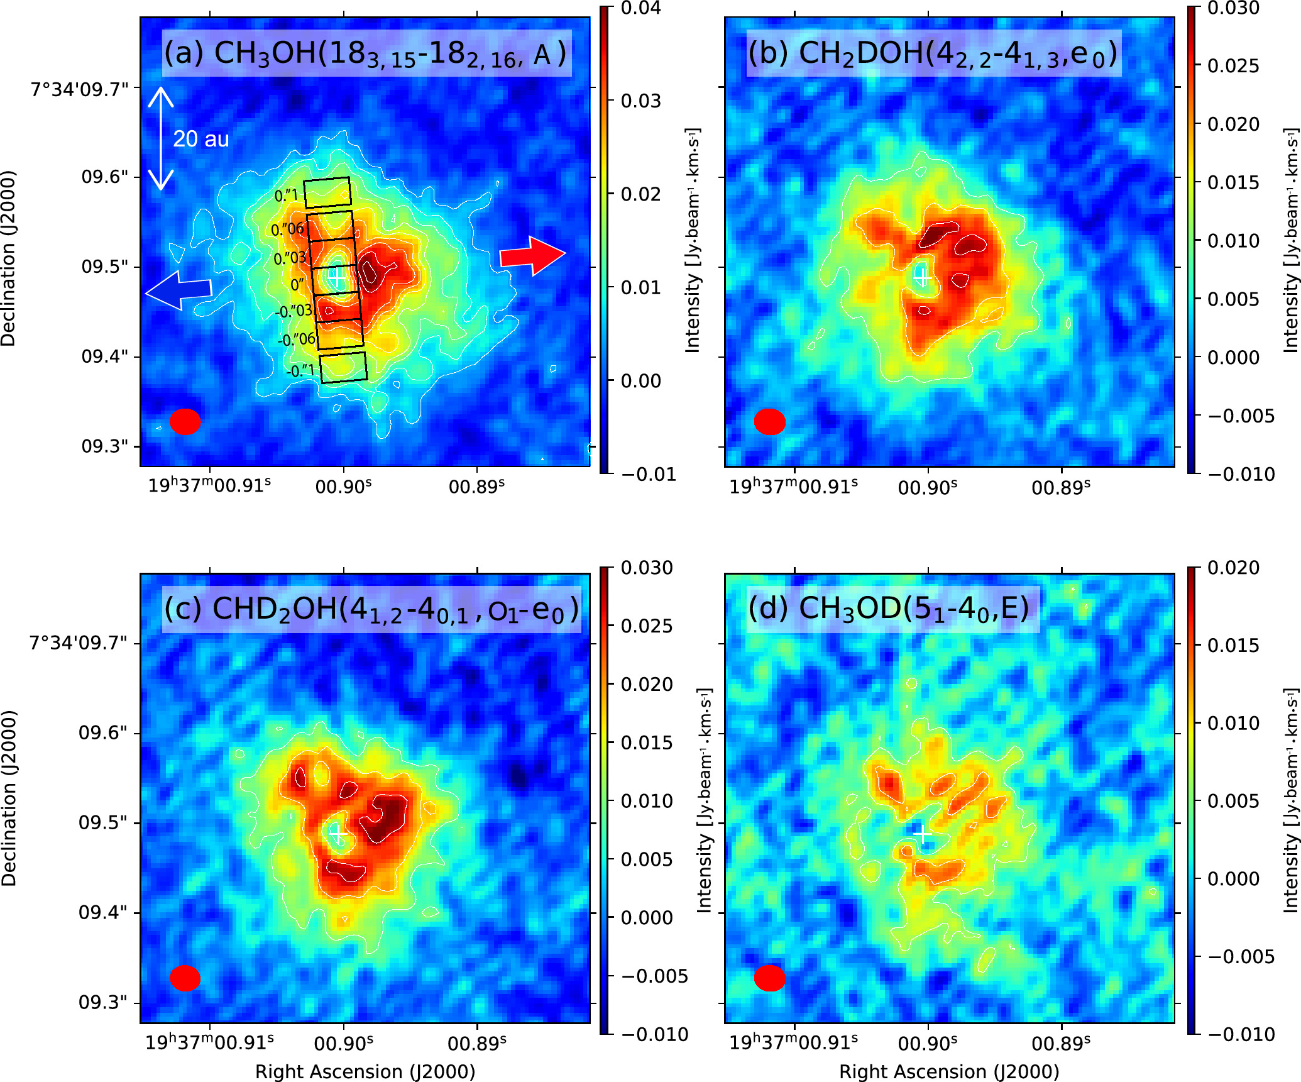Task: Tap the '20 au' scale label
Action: (x=200, y=139)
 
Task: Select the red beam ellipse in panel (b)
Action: (x=769, y=421)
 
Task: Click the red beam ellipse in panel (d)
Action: (x=769, y=978)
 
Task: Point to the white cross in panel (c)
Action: (x=337, y=834)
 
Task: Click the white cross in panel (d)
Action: (x=922, y=834)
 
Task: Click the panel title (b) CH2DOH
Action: (x=933, y=53)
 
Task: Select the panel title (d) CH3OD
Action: (x=888, y=609)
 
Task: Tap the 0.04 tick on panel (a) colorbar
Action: (x=640, y=8)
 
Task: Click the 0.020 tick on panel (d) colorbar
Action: (x=1233, y=568)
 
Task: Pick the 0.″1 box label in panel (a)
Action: (x=286, y=196)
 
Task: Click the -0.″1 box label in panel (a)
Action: (x=300, y=371)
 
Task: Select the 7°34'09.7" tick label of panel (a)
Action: (x=79, y=89)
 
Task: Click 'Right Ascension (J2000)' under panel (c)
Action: (x=365, y=1071)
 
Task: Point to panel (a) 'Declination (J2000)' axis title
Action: (x=8, y=258)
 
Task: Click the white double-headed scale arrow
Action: (x=161, y=138)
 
